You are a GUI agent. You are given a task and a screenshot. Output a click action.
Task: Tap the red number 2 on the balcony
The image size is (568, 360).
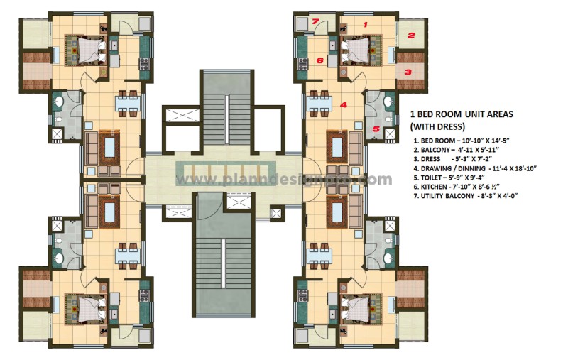pos(410,33)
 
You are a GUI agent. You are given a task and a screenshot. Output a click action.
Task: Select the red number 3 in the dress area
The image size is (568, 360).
pos(408,72)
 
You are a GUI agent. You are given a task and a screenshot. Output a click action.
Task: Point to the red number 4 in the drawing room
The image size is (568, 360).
pos(344,105)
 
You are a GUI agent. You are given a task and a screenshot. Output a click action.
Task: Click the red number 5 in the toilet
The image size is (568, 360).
pos(376,129)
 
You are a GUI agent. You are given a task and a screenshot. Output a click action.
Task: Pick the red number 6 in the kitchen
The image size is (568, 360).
pos(319,61)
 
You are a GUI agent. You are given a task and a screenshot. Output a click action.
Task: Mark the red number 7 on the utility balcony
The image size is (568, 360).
pos(315,22)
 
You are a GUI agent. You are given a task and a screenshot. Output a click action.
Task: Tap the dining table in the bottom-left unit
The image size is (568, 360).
pos(130,254)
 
